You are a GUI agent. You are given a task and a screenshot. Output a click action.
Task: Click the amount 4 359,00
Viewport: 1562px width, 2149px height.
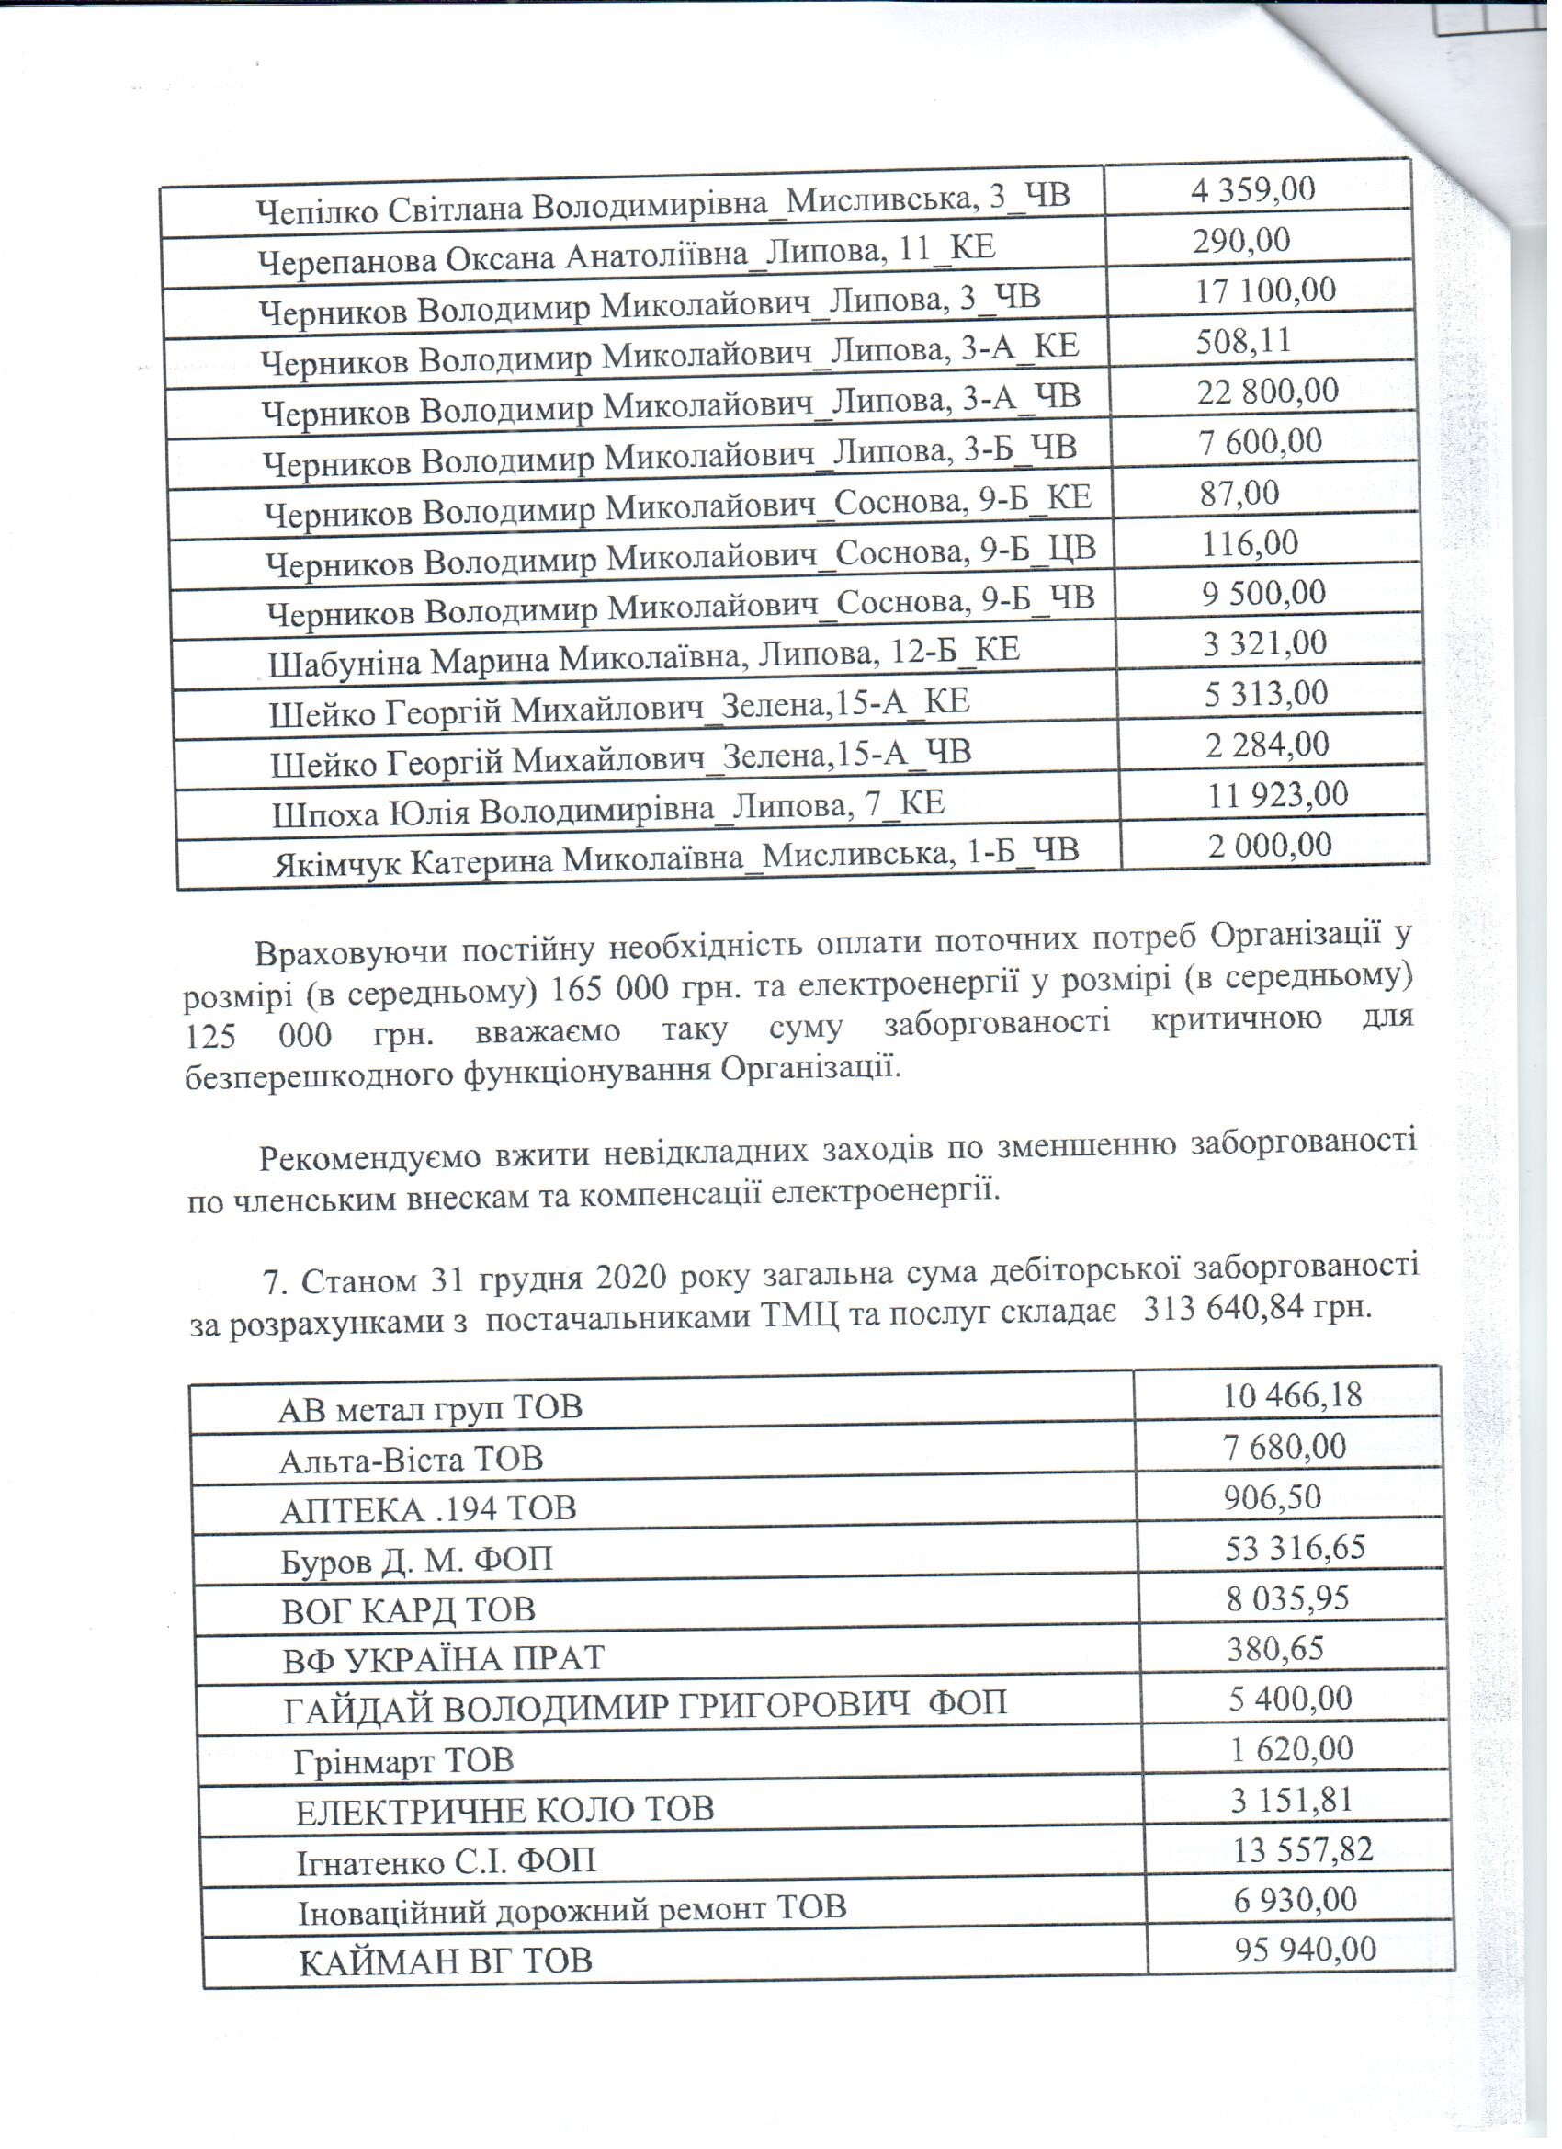[1252, 190]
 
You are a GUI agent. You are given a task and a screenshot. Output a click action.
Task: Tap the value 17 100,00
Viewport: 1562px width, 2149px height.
[1264, 290]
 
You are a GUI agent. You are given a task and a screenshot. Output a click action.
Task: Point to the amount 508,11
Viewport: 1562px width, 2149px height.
[1243, 341]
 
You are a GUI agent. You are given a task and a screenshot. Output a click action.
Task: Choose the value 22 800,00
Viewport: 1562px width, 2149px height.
[1266, 392]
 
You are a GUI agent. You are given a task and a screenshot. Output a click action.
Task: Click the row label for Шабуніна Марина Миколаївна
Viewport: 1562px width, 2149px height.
[643, 654]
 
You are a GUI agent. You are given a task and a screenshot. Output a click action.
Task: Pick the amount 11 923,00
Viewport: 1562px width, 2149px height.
[1277, 795]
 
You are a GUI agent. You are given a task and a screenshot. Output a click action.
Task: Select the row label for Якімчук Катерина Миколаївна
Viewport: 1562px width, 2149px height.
[675, 858]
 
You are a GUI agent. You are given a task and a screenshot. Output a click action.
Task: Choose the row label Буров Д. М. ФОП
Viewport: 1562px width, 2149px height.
[417, 1560]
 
